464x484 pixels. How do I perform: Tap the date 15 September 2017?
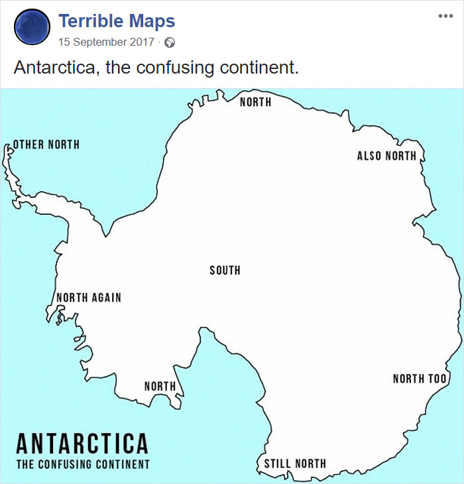(106, 42)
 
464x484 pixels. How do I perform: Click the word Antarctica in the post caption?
(54, 68)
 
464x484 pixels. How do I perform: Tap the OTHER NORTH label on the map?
(46, 145)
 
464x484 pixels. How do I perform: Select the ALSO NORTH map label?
(386, 156)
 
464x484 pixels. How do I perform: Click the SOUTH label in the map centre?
(225, 271)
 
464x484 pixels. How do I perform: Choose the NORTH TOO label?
(420, 379)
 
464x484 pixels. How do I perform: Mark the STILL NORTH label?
(295, 463)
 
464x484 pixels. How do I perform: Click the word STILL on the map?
(277, 463)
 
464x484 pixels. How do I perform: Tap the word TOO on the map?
(437, 379)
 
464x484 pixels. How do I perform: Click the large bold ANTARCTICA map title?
(82, 444)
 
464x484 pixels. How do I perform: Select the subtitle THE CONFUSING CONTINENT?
(83, 464)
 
